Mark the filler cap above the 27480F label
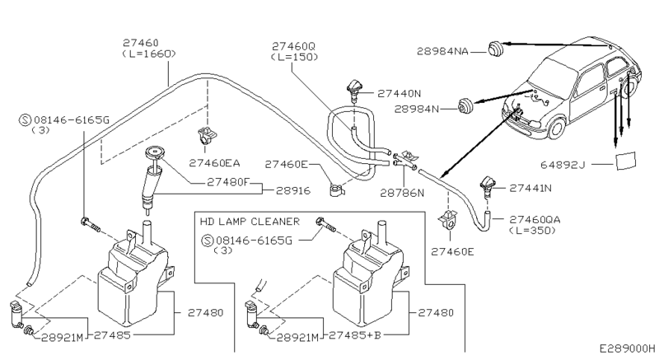[x=152, y=152]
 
